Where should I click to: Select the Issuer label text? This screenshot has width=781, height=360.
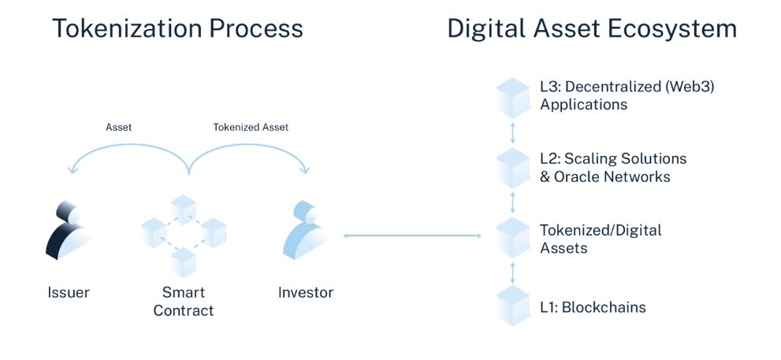[69, 292]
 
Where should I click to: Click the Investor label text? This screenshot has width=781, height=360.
[306, 292]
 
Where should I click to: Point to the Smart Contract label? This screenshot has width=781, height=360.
[184, 301]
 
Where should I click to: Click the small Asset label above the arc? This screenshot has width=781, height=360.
[118, 128]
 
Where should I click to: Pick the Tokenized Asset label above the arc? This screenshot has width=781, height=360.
[251, 128]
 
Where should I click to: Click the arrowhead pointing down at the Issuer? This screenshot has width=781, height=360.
[73, 170]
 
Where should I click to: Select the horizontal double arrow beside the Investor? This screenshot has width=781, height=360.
[412, 236]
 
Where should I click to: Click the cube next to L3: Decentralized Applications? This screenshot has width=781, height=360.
[512, 98]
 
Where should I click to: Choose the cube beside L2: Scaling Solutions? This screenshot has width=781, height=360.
[512, 168]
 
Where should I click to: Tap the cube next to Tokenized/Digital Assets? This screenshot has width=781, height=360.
[512, 238]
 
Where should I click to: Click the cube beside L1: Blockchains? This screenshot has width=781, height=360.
[512, 306]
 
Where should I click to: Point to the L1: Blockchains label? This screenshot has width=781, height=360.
[593, 307]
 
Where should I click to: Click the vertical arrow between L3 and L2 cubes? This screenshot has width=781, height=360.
[512, 133]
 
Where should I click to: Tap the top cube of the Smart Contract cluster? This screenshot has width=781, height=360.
[184, 210]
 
